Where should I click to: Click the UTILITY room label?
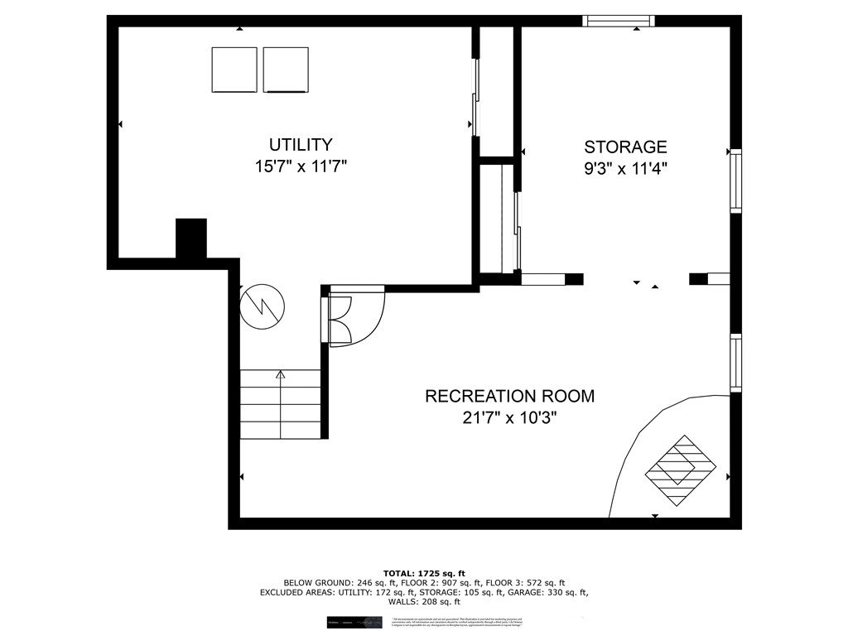tap(301, 145)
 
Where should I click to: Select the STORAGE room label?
tap(625, 147)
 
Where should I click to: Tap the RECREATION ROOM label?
tap(509, 396)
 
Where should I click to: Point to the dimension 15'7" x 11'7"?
tap(301, 166)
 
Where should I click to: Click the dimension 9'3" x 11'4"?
tap(625, 169)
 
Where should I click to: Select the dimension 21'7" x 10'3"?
tap(509, 417)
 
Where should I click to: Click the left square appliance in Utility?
tap(234, 70)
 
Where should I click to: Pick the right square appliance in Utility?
tap(286, 70)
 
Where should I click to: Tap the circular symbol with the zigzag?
tap(262, 306)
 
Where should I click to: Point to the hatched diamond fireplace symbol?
tap(681, 471)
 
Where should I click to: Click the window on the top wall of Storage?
tap(619, 21)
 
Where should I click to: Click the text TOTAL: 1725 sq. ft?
tap(424, 573)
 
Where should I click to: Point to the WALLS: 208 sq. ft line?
tap(424, 602)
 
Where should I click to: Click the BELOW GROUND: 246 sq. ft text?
tap(331, 583)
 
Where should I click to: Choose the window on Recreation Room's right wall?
tap(735, 362)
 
